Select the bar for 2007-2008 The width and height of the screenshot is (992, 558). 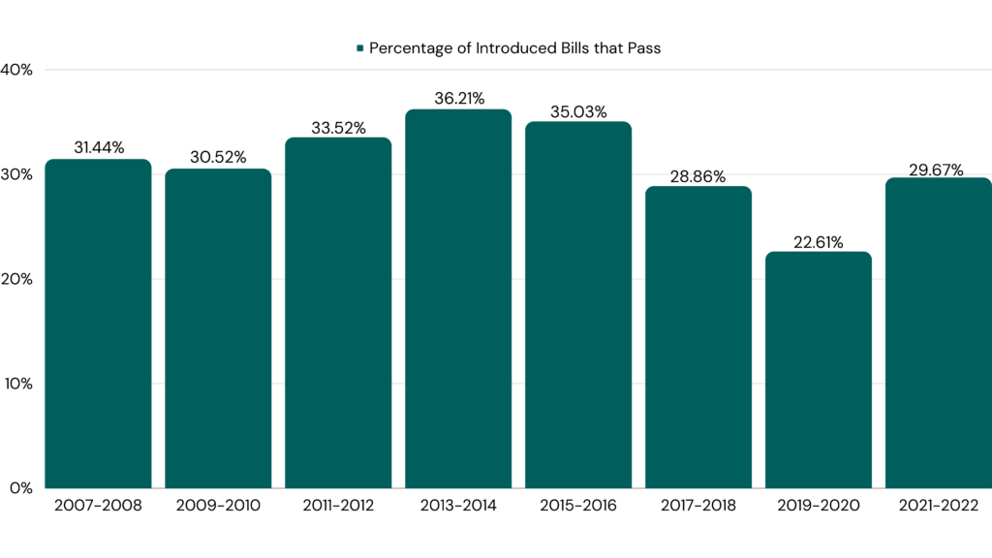click(98, 324)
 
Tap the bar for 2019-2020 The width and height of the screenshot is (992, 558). click(819, 369)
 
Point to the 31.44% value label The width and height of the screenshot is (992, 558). click(98, 147)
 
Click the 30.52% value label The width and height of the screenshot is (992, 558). click(218, 157)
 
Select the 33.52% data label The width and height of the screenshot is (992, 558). click(338, 126)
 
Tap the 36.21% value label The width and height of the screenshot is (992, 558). click(458, 98)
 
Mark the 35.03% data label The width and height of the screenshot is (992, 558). click(578, 110)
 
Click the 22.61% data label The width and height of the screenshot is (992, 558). click(819, 240)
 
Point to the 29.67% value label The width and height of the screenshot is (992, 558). click(939, 170)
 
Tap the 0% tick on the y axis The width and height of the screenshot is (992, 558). click(21, 487)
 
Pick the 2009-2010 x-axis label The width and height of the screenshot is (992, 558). click(218, 506)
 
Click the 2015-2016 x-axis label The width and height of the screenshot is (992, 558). click(578, 506)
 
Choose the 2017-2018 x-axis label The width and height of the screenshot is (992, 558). click(698, 506)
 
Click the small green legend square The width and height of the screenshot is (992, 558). click(359, 47)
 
